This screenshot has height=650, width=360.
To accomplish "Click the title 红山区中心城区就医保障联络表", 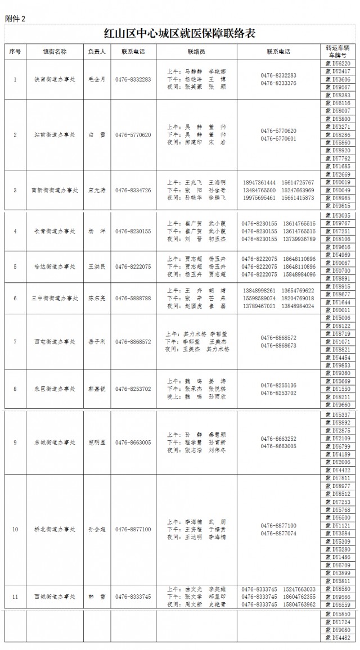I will click(179, 34).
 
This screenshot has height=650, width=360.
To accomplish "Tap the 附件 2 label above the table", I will click(15, 19).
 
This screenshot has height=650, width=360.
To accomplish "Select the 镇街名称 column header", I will click(55, 52).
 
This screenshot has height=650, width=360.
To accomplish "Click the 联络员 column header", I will click(196, 52).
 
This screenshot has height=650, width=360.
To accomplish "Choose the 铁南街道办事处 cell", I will click(55, 80).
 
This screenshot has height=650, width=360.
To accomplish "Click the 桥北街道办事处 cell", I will click(55, 530).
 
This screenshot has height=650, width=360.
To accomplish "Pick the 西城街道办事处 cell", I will click(55, 597).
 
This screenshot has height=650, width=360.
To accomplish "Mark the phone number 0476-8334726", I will click(133, 191).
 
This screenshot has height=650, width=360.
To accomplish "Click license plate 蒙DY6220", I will click(339, 64).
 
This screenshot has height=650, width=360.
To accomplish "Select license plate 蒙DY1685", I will click(339, 166).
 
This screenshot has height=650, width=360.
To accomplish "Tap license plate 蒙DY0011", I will click(339, 310).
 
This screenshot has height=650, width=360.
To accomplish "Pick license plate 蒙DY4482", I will click(339, 638).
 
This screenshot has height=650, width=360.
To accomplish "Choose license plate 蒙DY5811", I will click(339, 581).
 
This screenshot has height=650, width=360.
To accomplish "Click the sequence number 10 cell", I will click(15, 530).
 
